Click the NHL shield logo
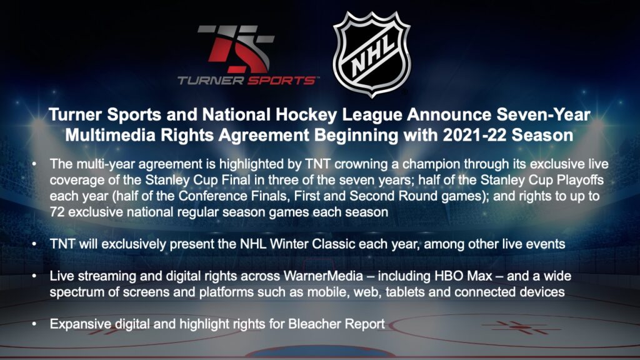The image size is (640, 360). point(372,54)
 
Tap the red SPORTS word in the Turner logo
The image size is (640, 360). point(282,81)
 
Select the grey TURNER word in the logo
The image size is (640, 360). point(211,81)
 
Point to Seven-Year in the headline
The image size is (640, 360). point(543,115)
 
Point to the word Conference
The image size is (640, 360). point(212,196)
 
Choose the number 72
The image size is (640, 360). point(57,212)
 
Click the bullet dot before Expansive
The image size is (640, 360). point(35,324)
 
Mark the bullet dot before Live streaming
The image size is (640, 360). point(35,277)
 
